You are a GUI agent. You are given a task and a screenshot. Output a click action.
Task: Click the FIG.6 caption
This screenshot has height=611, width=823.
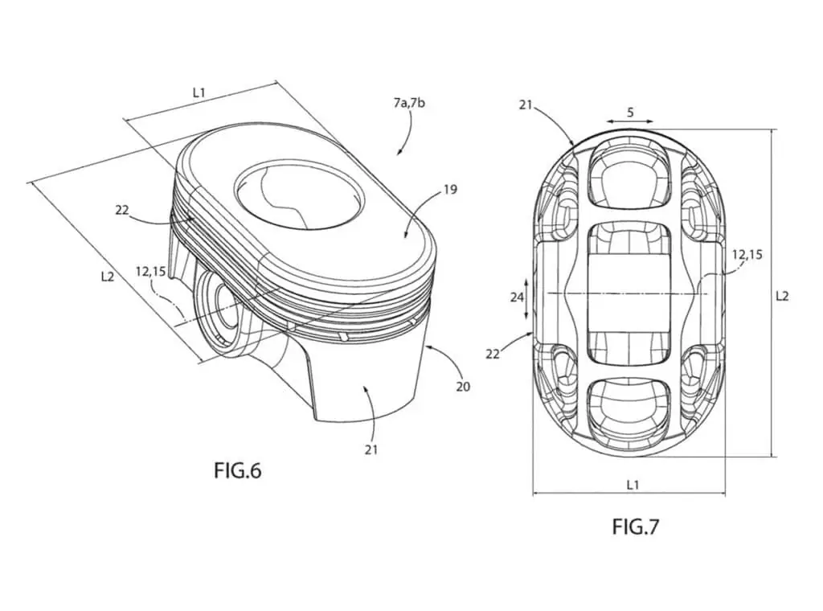click(237, 470)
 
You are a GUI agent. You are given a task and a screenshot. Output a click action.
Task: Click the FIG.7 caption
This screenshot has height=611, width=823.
click(635, 527)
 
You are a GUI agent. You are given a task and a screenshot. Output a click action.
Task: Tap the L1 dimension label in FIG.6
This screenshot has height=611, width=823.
click(199, 92)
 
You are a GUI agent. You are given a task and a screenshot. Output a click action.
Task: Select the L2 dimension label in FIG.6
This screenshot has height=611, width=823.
click(108, 276)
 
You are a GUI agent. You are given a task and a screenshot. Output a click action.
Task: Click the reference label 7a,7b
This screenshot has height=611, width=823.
click(410, 105)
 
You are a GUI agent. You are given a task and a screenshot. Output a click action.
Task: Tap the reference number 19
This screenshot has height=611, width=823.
click(449, 190)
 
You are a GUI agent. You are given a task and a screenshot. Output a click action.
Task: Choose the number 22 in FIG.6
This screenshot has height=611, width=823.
click(122, 210)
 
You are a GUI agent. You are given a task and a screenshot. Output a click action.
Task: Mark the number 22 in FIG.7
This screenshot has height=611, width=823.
click(493, 353)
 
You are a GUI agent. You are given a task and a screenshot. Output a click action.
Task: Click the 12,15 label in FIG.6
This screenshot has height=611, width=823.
click(150, 272)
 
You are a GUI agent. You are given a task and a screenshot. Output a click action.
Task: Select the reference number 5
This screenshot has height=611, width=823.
click(630, 113)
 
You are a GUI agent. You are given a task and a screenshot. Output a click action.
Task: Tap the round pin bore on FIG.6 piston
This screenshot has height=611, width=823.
click(217, 310)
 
